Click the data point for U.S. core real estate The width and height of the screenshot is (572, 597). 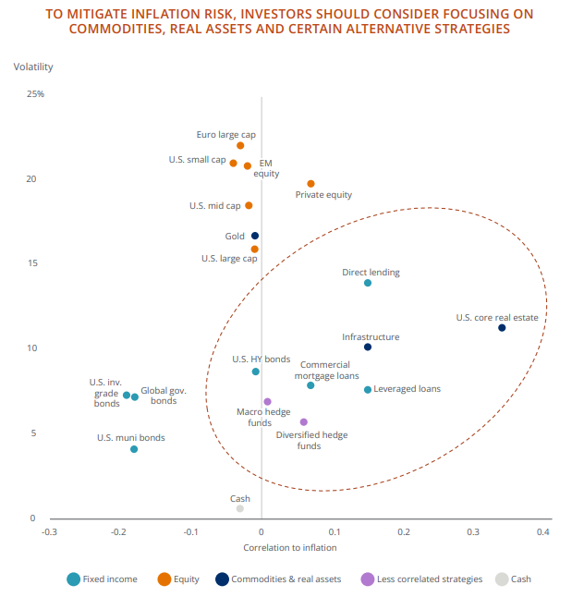pyautogui.click(x=502, y=328)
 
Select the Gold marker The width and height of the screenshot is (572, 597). pyautogui.click(x=255, y=236)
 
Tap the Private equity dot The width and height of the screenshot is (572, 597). pyautogui.click(x=310, y=184)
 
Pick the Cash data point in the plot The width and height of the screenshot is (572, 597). pyautogui.click(x=240, y=508)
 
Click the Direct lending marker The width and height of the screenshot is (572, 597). pyautogui.click(x=368, y=283)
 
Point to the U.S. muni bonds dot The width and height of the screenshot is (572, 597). pyautogui.click(x=134, y=449)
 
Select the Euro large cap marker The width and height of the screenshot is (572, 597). pyautogui.click(x=240, y=145)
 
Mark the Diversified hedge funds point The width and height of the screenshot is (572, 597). pyautogui.click(x=304, y=422)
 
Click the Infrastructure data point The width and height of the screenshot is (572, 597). pyautogui.click(x=368, y=347)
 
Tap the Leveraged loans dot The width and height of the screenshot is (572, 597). pyautogui.click(x=368, y=390)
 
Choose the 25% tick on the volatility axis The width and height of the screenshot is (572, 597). pyautogui.click(x=36, y=94)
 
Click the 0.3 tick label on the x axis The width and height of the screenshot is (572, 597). pyautogui.click(x=473, y=532)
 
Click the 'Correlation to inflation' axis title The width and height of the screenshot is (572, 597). pyautogui.click(x=289, y=548)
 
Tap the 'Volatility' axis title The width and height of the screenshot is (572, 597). pyautogui.click(x=33, y=67)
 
